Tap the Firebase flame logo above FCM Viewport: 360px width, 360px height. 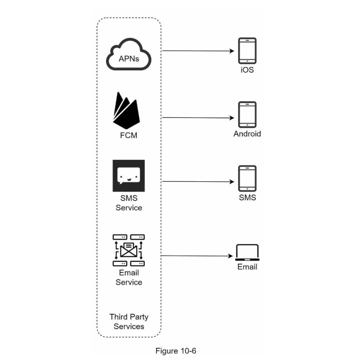[x=126, y=111]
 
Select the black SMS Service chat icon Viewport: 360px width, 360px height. [x=128, y=176]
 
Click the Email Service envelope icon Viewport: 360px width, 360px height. [x=129, y=250]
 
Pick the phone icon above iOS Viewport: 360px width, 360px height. [x=247, y=50]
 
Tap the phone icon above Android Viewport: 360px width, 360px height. [x=247, y=114]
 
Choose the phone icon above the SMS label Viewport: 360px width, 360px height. [x=247, y=179]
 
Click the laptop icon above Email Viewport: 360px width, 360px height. [x=247, y=252]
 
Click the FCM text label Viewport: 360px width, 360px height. [x=128, y=136]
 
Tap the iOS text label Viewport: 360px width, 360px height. [x=247, y=70]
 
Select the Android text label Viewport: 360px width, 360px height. [x=247, y=134]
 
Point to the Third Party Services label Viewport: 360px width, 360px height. [x=129, y=322]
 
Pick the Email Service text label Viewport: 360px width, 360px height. [x=129, y=277]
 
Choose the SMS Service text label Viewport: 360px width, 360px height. [x=129, y=203]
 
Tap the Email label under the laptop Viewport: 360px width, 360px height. [x=247, y=267]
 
